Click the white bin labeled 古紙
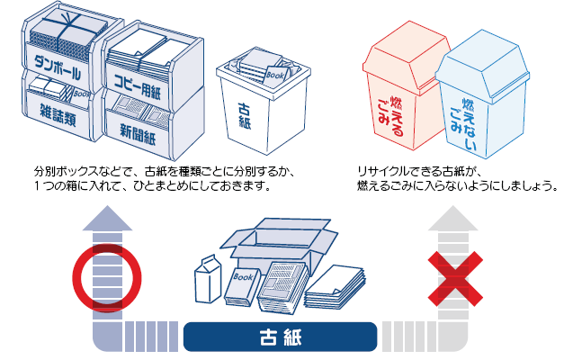[x=255, y=117]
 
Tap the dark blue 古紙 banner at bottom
[x=280, y=338]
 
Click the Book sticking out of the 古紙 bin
[x=276, y=74]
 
